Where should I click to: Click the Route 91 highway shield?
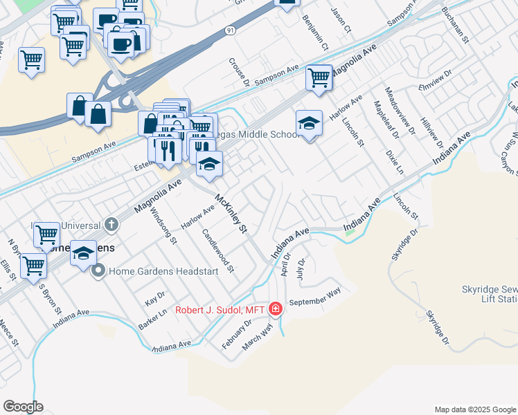click(x=229, y=31)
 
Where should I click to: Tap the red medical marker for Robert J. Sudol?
click(x=276, y=308)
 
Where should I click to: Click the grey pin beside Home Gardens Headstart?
click(x=98, y=271)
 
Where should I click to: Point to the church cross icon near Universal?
click(x=111, y=224)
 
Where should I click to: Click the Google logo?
click(x=23, y=407)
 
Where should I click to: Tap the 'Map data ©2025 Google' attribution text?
click(x=475, y=409)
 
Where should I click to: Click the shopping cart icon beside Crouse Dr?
click(x=319, y=77)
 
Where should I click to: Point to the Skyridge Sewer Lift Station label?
click(x=489, y=294)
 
